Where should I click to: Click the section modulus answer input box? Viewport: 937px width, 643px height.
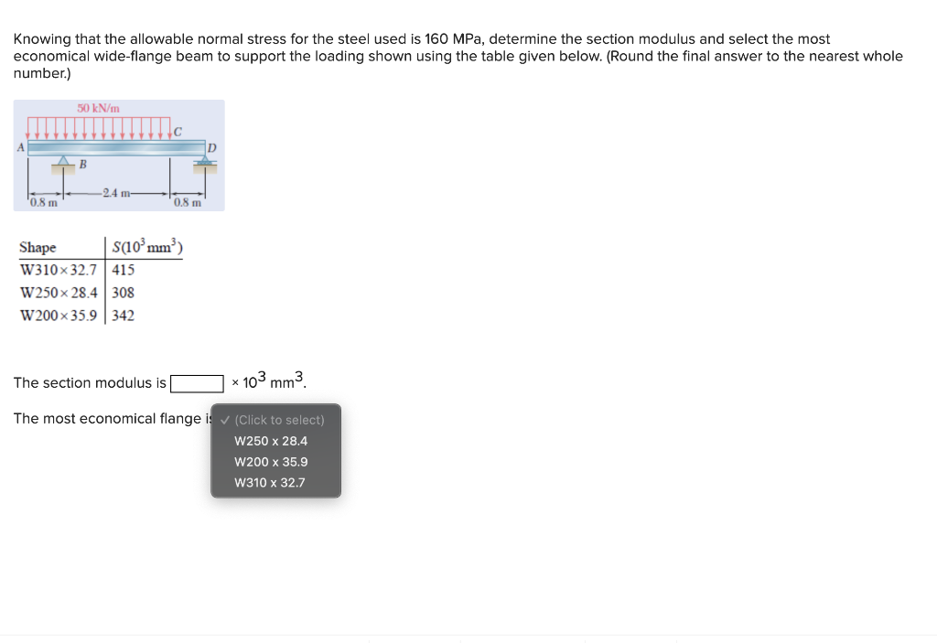coord(197,382)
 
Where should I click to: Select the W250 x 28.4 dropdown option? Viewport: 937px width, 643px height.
coord(271,441)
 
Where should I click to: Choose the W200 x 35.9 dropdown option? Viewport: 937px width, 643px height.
coord(271,462)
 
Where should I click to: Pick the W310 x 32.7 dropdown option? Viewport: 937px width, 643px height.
coord(270,483)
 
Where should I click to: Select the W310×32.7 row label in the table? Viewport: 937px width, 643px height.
coord(59,270)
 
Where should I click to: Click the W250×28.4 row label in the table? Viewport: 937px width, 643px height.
coord(59,293)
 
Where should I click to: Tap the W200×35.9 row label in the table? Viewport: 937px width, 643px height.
coord(59,316)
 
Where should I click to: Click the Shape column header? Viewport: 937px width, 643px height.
coord(38,248)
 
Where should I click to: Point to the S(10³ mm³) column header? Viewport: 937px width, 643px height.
coord(147,247)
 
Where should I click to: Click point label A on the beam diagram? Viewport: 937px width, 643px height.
coord(19,145)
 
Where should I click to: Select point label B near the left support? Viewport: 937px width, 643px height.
coord(82,166)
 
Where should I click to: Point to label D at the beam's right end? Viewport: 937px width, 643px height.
coord(211,147)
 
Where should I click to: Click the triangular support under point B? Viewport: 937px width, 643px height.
coord(62,162)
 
